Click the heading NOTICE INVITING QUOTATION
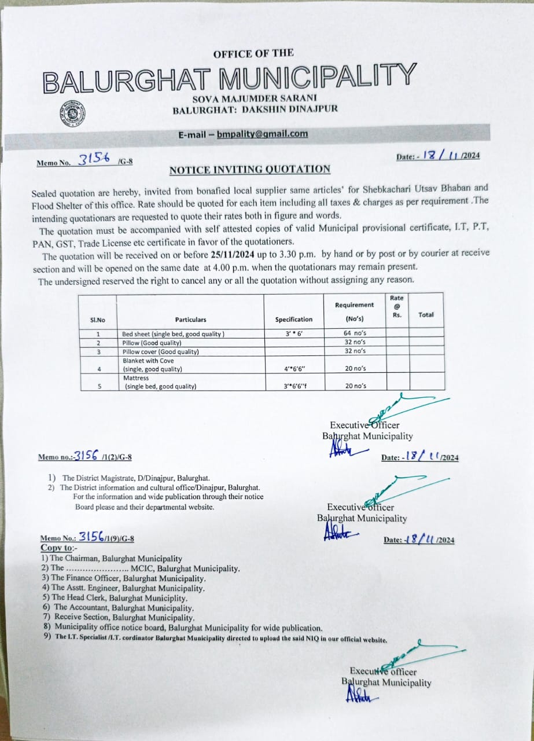coord(250,170)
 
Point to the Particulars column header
coord(190,320)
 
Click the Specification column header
coord(293,320)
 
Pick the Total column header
coord(426,315)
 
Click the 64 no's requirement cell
coord(355,334)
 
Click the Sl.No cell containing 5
coord(98,386)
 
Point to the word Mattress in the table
coord(137,378)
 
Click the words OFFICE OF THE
coord(253,54)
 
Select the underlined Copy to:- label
coord(57,548)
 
